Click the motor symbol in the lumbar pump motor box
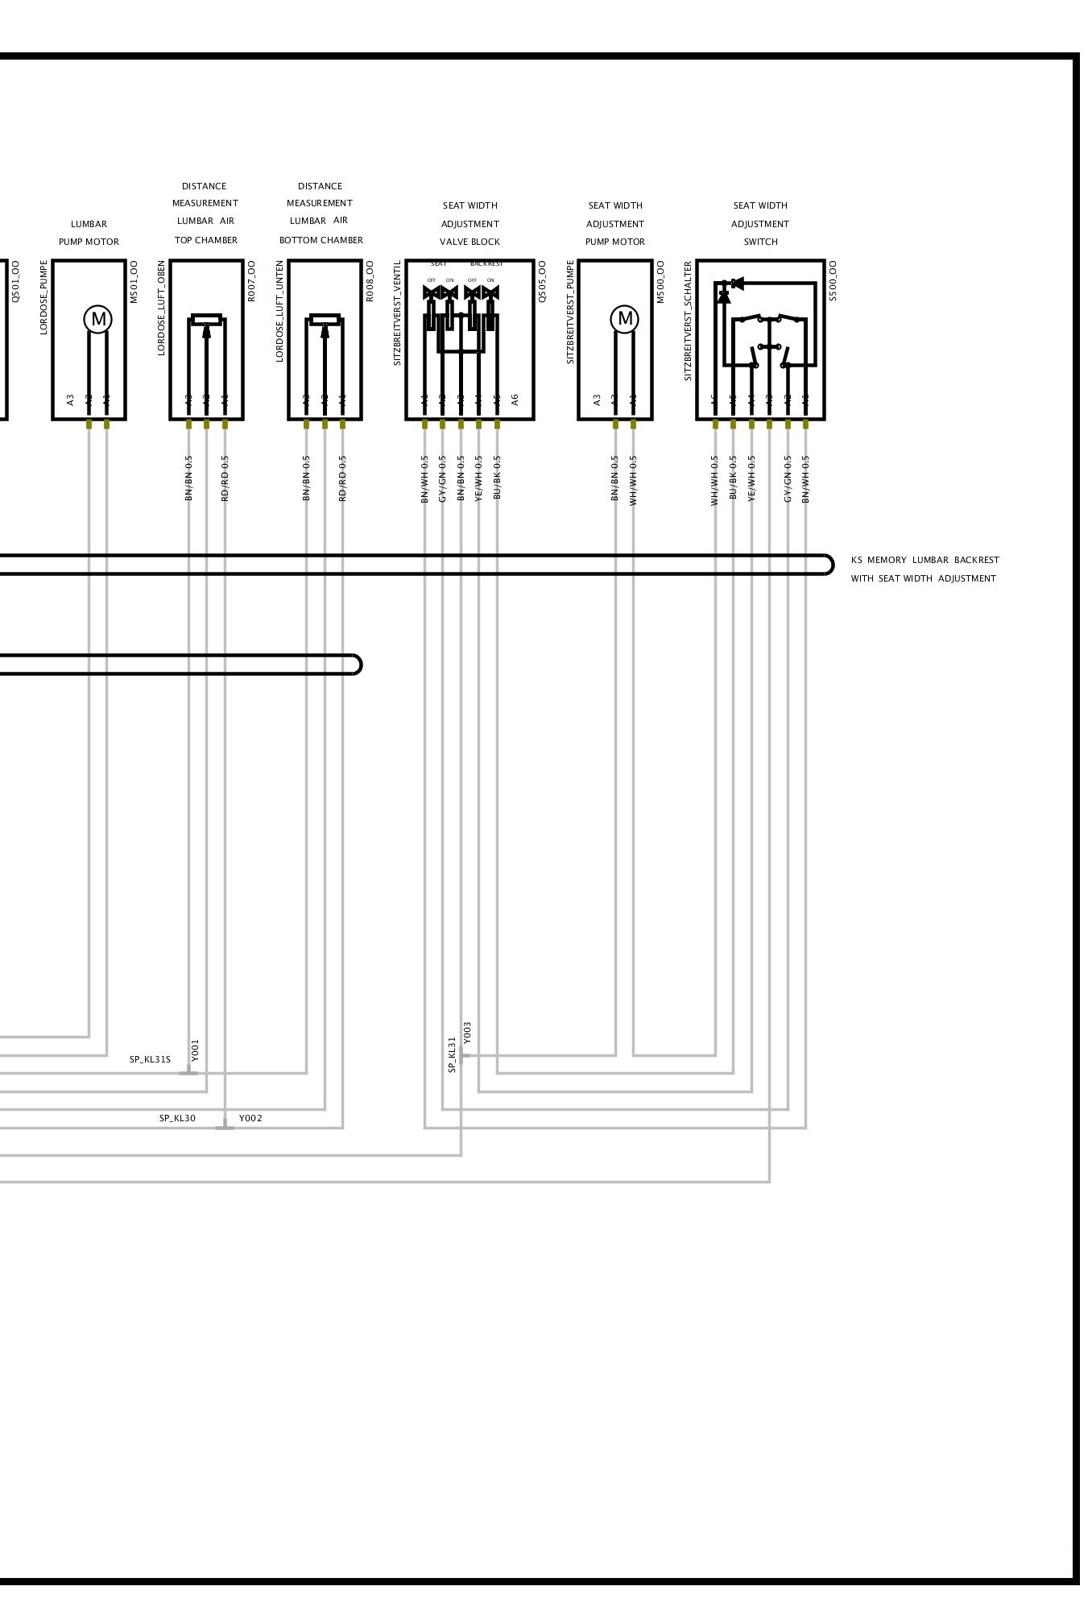click(x=98, y=319)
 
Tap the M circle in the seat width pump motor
click(x=625, y=319)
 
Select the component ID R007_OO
click(x=251, y=280)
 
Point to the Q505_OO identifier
click(x=542, y=280)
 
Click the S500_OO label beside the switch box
click(x=833, y=280)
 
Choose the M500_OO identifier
click(x=660, y=280)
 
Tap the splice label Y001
click(x=195, y=1050)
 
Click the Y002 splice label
click(x=250, y=1118)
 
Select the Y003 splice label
click(x=468, y=1036)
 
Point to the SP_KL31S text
click(x=150, y=1059)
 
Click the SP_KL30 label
click(x=177, y=1118)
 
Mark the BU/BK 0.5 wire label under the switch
click(x=733, y=477)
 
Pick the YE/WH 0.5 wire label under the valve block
click(x=478, y=478)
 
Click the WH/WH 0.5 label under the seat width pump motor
click(x=633, y=480)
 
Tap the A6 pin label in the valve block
click(x=515, y=399)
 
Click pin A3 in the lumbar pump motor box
click(x=71, y=399)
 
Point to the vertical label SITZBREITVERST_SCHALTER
click(x=688, y=320)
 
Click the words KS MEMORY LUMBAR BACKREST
click(x=924, y=560)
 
